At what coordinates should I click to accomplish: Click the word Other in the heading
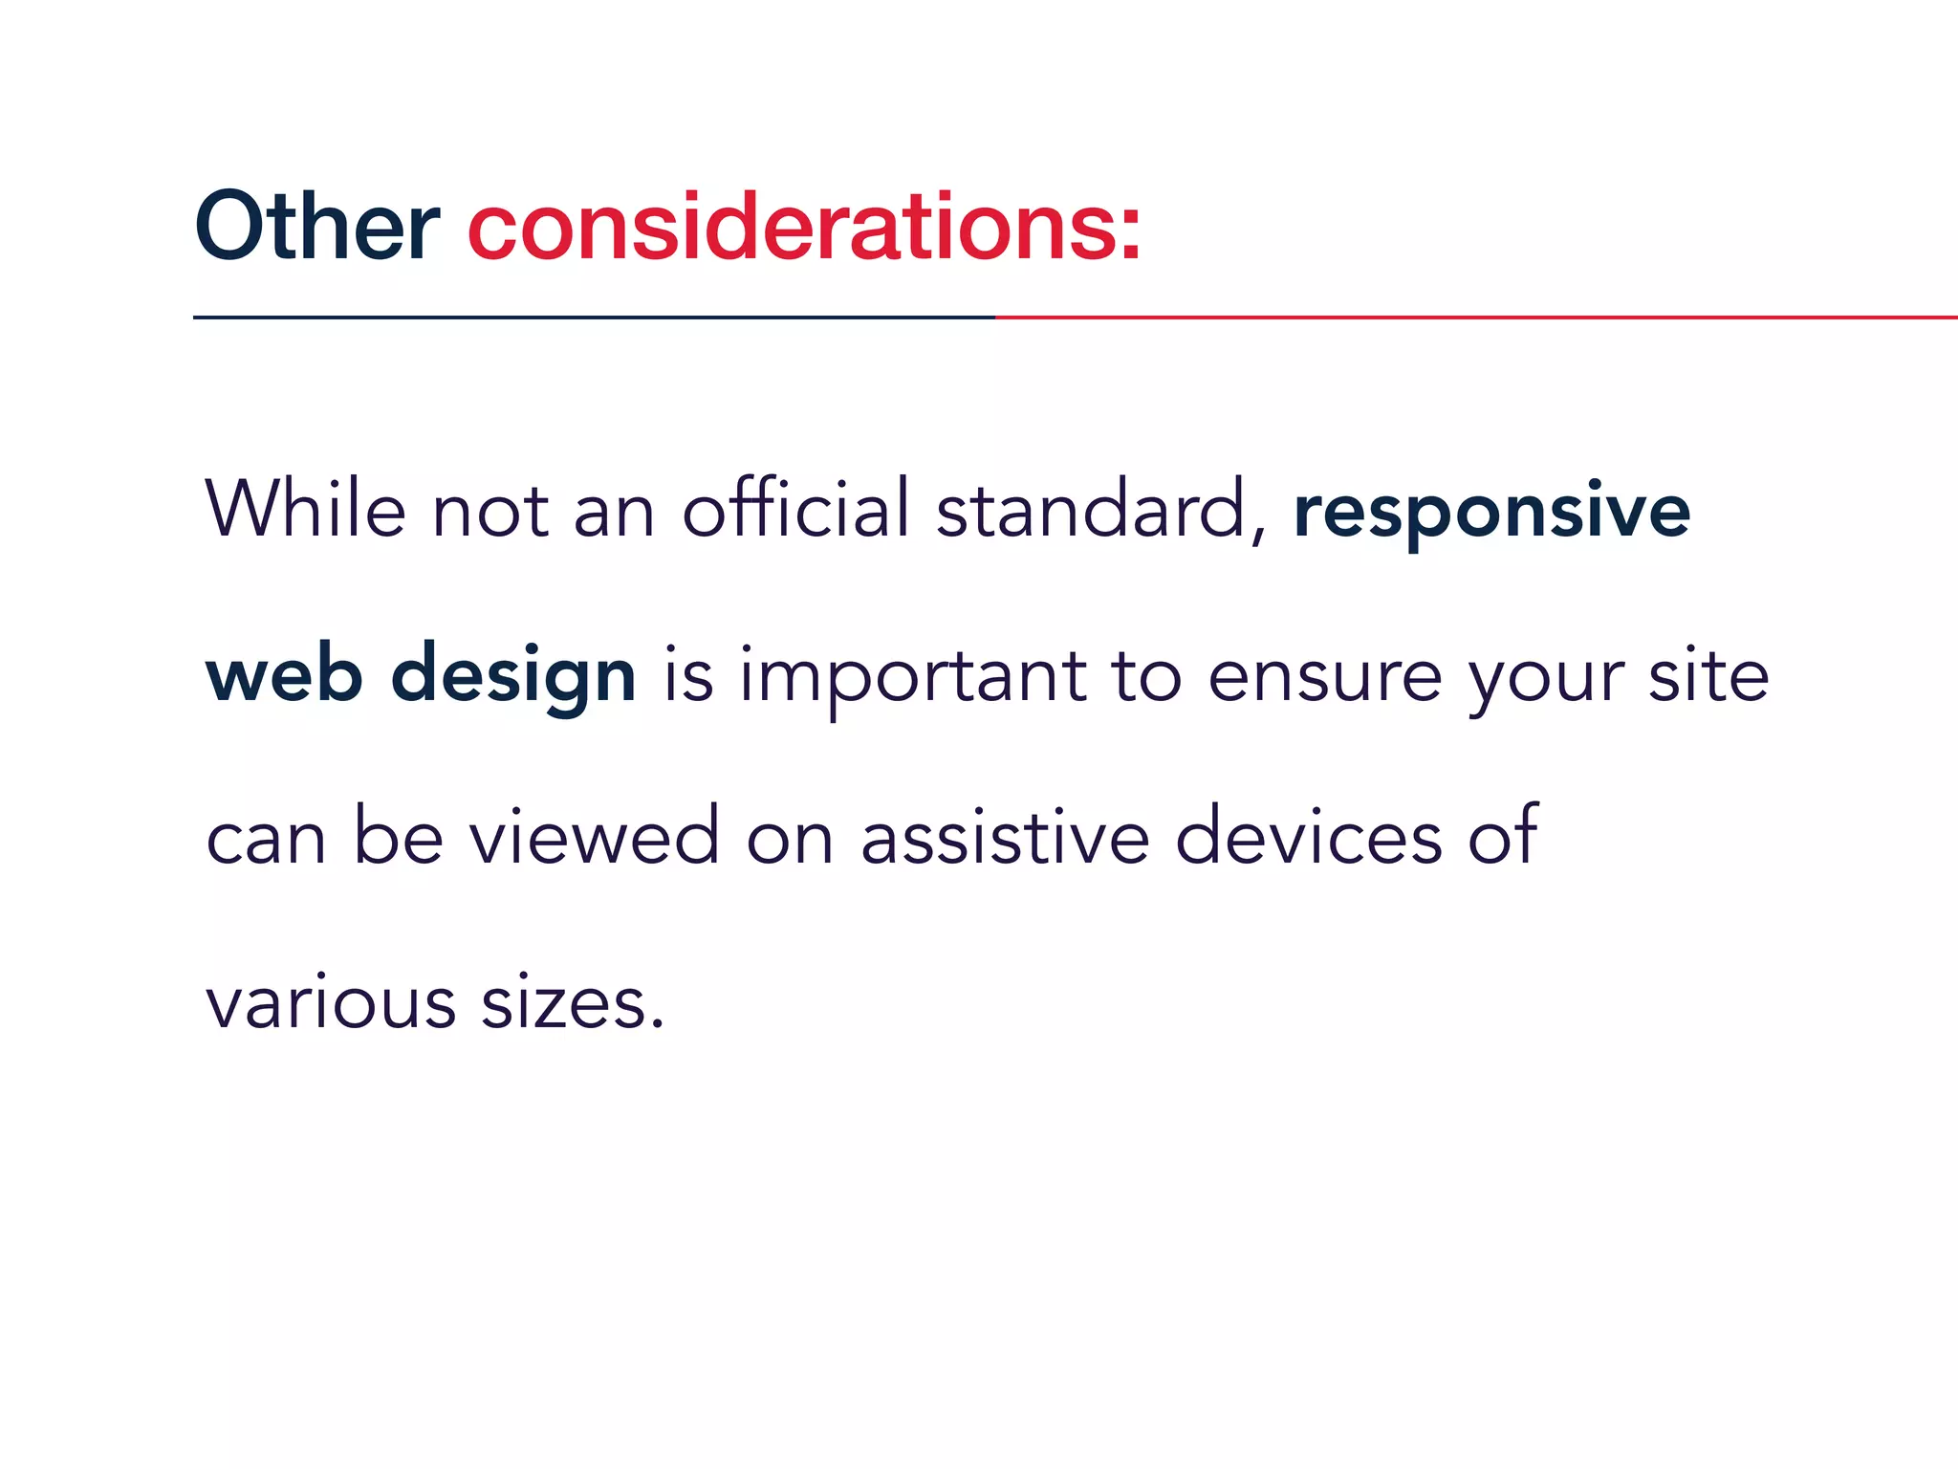click(316, 227)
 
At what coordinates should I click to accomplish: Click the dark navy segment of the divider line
click(593, 317)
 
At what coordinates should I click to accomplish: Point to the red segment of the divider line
click(1472, 317)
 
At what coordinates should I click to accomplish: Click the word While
click(305, 509)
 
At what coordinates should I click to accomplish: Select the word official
click(795, 509)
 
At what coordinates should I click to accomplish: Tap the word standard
click(1091, 509)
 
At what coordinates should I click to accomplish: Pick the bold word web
click(284, 675)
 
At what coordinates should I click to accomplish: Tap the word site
click(1708, 675)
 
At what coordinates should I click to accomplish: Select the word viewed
click(594, 837)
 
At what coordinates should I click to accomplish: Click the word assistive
click(1004, 837)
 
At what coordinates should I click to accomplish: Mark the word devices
click(1308, 837)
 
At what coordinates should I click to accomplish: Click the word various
click(331, 1004)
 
